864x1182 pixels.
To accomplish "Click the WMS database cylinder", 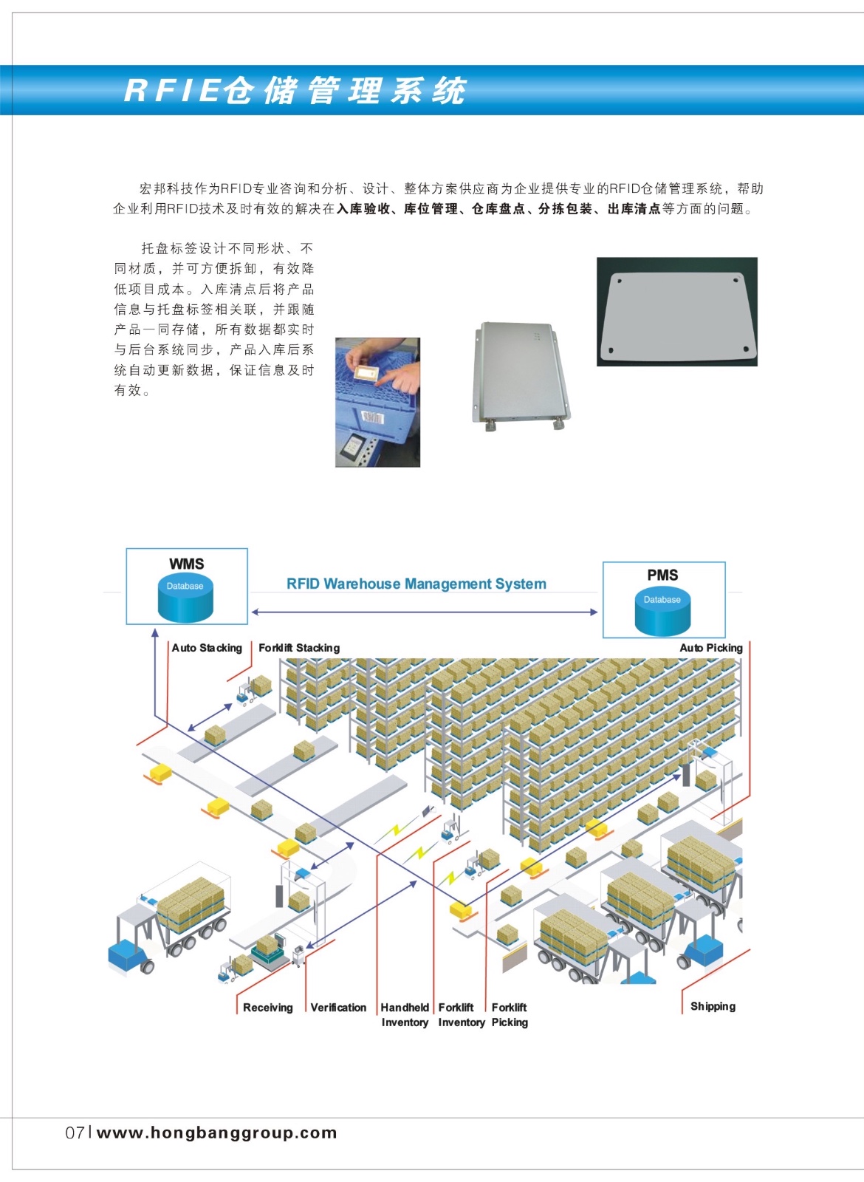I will point(185,599).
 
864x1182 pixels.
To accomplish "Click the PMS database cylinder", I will point(662,612).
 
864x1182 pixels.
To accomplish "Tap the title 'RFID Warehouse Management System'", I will point(416,584).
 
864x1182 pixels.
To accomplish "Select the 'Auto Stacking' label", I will point(207,648).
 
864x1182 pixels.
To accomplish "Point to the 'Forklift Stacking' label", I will point(299,648).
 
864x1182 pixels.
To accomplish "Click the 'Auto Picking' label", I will point(711,648).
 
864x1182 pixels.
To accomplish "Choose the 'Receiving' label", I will point(267,1008).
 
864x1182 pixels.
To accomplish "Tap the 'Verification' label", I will point(338,1008).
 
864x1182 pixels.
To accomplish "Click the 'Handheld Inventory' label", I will point(405,1015).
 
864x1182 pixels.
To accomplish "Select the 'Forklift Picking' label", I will point(510,1015).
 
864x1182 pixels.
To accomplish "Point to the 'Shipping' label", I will point(713,1006).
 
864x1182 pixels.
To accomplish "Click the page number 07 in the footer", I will point(75,1133).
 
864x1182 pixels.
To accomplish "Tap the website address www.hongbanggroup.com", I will point(217,1133).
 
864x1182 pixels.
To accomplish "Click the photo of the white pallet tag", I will point(677,312).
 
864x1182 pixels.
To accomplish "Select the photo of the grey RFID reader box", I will point(521,375).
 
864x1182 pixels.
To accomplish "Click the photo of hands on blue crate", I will point(377,402).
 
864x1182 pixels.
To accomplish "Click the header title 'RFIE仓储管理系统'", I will point(295,90).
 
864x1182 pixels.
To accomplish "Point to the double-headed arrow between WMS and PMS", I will point(425,612).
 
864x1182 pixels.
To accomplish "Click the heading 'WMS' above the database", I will point(186,564).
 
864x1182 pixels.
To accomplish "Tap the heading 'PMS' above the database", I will point(662,575).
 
